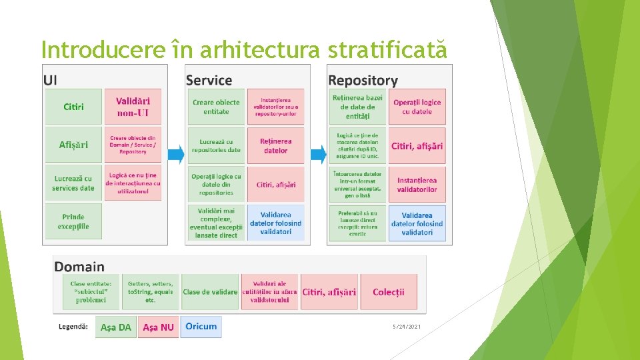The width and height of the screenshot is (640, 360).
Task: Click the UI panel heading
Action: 51,80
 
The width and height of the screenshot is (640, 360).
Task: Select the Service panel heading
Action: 209,81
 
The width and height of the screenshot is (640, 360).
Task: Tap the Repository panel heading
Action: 363,81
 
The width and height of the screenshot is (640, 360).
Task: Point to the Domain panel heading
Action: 79,267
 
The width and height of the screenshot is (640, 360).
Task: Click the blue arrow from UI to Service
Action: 175,155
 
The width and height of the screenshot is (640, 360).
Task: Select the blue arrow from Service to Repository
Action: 319,155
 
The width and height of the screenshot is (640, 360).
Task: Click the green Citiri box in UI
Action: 74,107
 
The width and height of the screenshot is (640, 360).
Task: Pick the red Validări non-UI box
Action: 133,107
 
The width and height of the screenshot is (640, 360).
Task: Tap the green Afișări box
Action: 74,145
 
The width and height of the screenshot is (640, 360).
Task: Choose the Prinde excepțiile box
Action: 74,221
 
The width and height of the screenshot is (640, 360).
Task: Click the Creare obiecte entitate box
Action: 215,107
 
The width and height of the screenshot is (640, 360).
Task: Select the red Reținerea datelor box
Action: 275,145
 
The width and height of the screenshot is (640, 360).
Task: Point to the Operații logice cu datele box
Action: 417,107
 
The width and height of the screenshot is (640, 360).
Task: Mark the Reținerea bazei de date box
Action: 357,107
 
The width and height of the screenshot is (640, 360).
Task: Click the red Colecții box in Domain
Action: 389,292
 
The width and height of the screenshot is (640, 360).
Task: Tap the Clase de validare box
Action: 210,292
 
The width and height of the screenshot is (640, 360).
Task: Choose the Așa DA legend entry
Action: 116,327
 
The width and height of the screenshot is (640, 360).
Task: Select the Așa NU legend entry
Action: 158,327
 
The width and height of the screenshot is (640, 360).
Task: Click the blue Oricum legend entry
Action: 201,327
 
